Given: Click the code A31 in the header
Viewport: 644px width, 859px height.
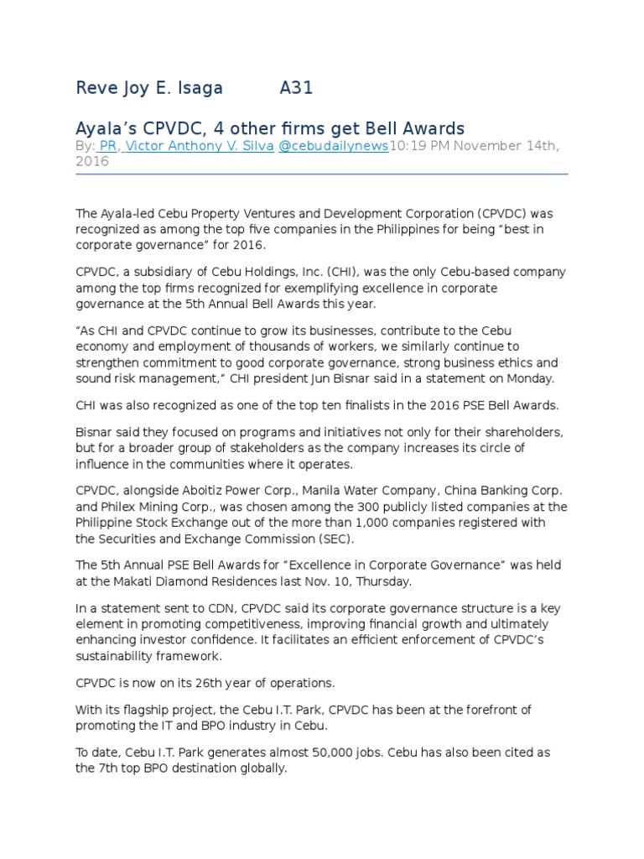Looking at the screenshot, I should pos(296,88).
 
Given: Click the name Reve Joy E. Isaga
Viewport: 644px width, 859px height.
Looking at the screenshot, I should pos(150,88).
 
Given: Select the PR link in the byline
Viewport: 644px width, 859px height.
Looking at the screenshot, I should pos(107,146).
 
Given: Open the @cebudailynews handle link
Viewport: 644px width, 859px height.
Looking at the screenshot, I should pos(333,146).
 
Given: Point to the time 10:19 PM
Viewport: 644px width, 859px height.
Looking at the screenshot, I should pos(421,146).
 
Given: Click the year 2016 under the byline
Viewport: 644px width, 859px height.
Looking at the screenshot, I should pos(92,161).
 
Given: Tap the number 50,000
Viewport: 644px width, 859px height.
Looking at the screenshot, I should pos(340,752).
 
